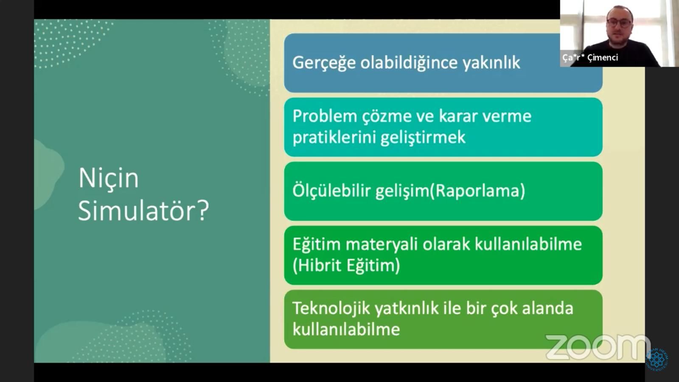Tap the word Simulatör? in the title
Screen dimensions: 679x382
coord(144,211)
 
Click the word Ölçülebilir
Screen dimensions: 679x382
coord(331,191)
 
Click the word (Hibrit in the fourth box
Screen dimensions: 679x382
coord(317,266)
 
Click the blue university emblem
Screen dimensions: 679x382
coord(657,360)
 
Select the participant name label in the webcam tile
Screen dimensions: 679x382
coord(590,58)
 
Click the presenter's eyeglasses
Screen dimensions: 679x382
coord(619,23)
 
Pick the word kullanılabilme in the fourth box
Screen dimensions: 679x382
coord(528,244)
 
